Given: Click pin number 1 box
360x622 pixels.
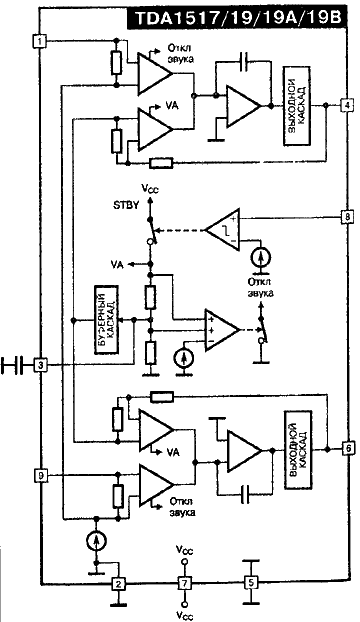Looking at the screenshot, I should click(x=38, y=41).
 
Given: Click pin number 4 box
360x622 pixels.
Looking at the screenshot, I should click(x=346, y=105).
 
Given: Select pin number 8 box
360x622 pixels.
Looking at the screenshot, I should click(x=346, y=216).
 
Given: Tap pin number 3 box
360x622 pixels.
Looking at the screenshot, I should click(x=38, y=366).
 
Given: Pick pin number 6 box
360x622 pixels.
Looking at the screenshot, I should click(x=346, y=447).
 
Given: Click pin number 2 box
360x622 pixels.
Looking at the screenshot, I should click(x=118, y=583).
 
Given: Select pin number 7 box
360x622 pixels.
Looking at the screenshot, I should click(x=183, y=583).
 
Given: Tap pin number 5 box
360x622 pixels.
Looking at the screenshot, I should click(x=251, y=583).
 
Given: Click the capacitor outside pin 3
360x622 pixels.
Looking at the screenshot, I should click(x=13, y=366).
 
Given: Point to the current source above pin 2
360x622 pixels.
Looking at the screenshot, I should click(x=93, y=541).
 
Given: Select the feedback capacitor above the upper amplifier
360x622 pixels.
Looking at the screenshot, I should click(x=245, y=63).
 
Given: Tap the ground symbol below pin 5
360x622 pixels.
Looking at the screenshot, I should click(x=251, y=602).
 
